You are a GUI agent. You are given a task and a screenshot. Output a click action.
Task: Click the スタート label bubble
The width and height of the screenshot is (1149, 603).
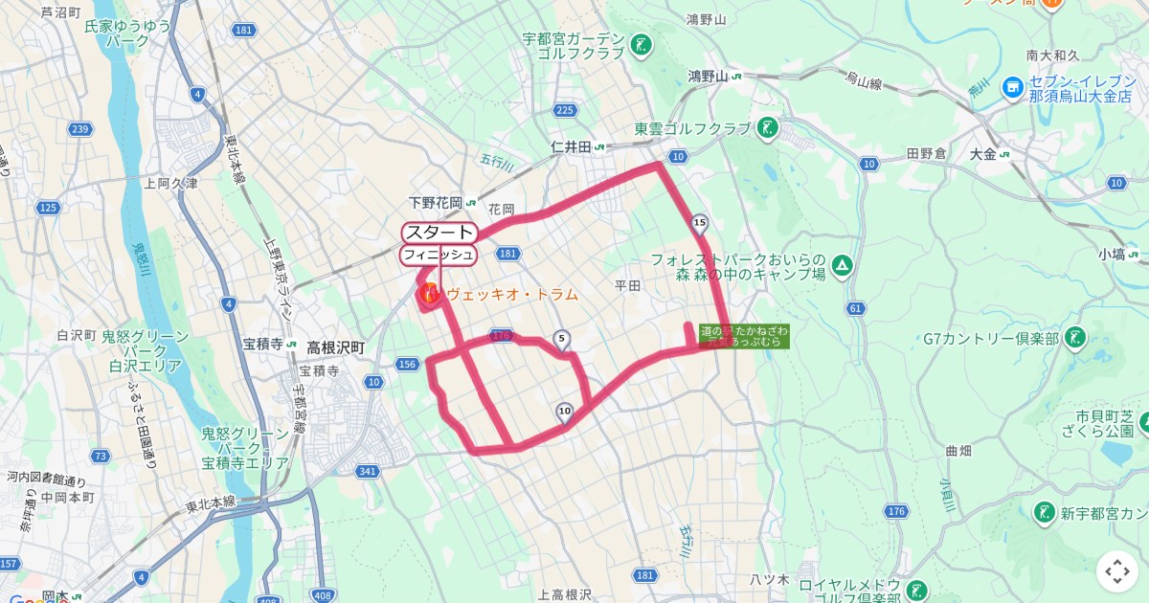coord(439,233)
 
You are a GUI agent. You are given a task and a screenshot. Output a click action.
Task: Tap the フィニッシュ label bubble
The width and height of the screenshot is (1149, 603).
coord(438,255)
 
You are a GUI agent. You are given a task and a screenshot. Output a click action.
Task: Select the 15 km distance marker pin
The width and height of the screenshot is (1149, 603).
coord(699,224)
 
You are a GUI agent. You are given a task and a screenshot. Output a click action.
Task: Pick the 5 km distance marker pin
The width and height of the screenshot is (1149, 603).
coord(561,339)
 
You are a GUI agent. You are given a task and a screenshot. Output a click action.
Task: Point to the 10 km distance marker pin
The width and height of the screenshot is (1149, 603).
coord(564,412)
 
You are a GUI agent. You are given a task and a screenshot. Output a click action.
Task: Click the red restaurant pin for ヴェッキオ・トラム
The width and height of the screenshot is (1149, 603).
coord(428,293)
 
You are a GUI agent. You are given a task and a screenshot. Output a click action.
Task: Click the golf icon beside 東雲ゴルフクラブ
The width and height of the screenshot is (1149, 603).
coord(767,127)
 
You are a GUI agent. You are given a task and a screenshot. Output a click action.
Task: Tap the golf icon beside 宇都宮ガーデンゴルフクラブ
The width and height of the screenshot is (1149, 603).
coord(641,44)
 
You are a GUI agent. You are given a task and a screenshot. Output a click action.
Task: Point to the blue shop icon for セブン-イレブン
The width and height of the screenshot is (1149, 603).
coord(1012,88)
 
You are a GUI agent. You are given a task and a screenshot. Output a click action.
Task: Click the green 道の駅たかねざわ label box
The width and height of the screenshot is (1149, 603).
coord(744,336)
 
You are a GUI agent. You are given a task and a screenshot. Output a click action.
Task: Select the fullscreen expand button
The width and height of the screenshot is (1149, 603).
coord(1117,571)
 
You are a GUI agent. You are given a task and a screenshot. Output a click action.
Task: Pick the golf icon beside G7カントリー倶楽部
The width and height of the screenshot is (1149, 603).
coord(1075,338)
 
